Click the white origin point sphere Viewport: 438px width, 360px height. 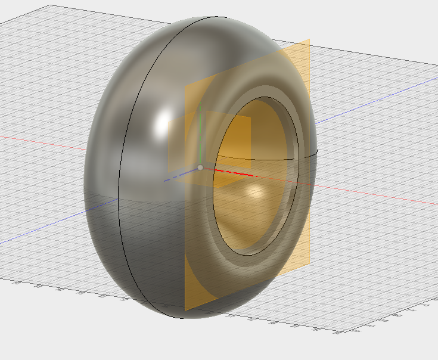tap(200, 167)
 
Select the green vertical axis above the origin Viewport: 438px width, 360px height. tap(200, 134)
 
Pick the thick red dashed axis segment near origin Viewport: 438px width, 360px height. tap(235, 173)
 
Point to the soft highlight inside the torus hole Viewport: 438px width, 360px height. tap(256, 192)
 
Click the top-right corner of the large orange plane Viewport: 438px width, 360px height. tap(309, 40)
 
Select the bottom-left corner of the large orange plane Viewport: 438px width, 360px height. tap(185, 311)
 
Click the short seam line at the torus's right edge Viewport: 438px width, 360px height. tap(313, 154)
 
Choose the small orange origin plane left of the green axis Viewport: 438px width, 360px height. tap(182, 143)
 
